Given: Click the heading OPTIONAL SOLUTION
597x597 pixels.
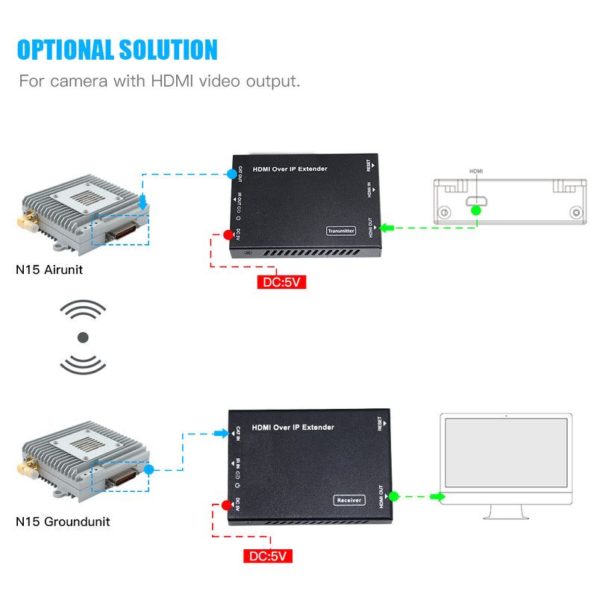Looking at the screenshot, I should pos(117,49).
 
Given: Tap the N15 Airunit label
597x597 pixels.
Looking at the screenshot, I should pos(49,269).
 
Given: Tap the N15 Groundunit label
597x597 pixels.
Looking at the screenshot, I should pos(63,521).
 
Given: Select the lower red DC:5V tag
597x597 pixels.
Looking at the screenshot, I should pos(268,556).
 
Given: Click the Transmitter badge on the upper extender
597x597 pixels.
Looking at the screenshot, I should pos(341,231).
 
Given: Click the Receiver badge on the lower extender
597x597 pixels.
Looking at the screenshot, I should pos(348,501).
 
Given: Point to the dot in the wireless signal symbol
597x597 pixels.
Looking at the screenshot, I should pos(83,337).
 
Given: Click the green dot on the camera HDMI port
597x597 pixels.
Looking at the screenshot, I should pos(475,211).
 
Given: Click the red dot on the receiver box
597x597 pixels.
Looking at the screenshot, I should pos(227,505).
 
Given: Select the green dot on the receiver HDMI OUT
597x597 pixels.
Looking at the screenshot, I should pos(394,496).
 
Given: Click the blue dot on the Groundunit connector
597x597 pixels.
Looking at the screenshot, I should pos(149,470).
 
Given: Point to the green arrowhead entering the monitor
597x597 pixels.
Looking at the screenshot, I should pos(438,496).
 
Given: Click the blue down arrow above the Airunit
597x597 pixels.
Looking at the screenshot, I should pos(143,202).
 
